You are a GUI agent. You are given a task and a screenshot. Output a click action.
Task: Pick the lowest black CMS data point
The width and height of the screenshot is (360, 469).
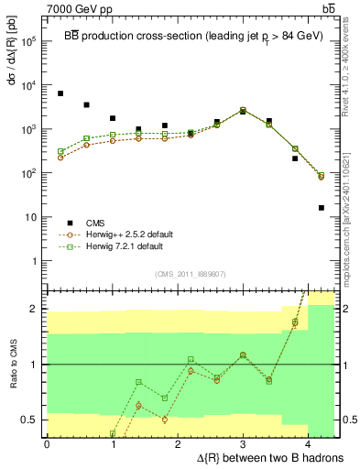click(321, 208)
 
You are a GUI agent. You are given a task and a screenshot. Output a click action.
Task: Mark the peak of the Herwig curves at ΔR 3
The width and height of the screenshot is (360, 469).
click(243, 111)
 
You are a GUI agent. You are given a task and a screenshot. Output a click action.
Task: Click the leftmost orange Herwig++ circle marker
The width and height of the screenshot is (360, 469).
click(60, 158)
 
